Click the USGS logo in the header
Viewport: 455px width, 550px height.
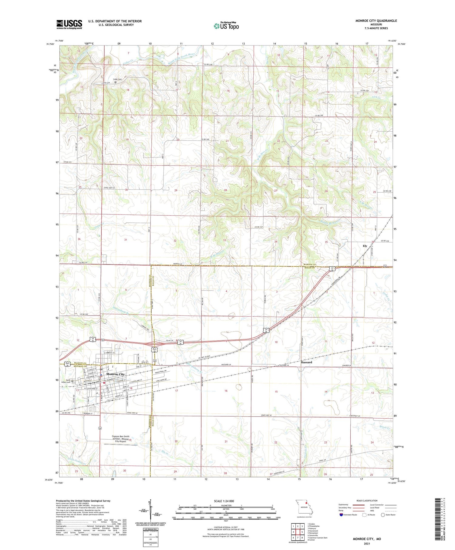pos(69,24)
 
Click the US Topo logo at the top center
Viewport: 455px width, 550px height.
pos(226,26)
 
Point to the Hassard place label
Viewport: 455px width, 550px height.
pos(306,362)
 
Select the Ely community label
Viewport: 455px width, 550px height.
pos(365,246)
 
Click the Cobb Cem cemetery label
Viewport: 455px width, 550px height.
pos(117,79)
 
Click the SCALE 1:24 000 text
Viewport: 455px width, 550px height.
pos(226,501)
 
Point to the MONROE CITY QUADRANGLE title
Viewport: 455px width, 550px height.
pos(376,21)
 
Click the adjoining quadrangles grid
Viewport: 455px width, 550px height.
pos(298,531)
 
